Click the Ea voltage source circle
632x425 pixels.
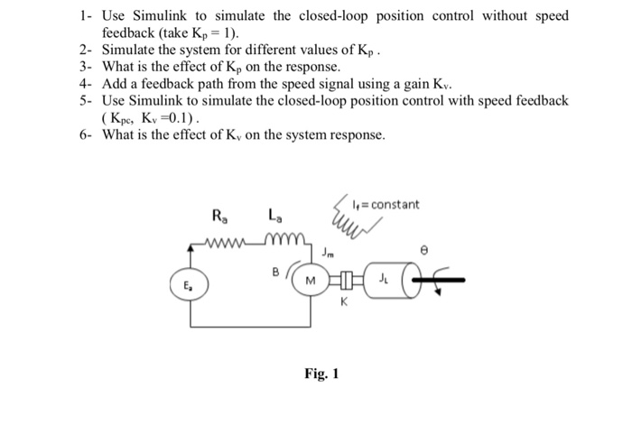coord(190,283)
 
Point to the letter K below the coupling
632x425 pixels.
coord(343,305)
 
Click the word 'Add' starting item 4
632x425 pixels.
coord(116,84)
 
